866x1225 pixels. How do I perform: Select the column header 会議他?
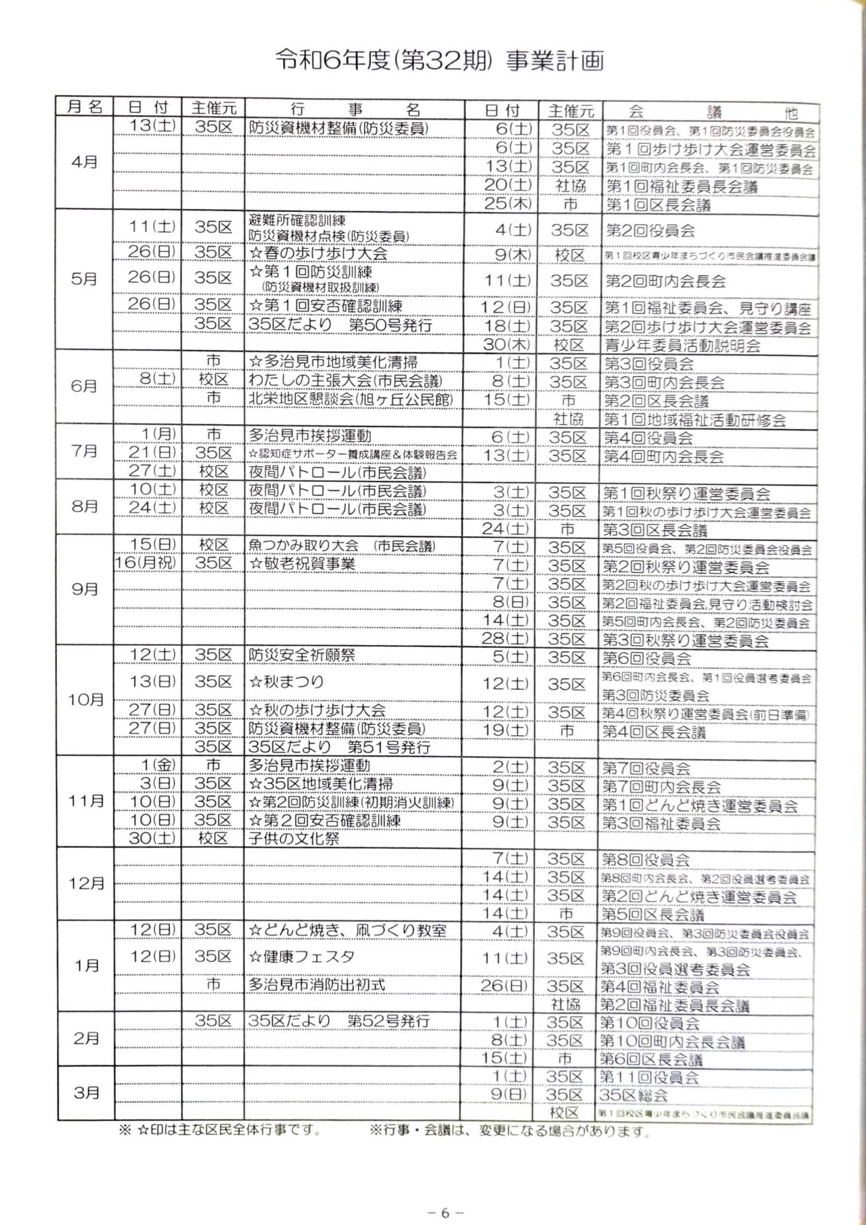712,112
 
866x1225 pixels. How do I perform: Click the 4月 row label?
84,162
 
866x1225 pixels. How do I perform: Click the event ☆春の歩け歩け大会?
319,253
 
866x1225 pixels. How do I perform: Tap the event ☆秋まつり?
287,681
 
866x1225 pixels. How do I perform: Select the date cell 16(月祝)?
145,563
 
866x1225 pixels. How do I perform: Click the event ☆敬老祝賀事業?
302,563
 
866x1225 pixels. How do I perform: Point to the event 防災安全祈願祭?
302,655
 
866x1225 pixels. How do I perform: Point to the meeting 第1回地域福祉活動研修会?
695,420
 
